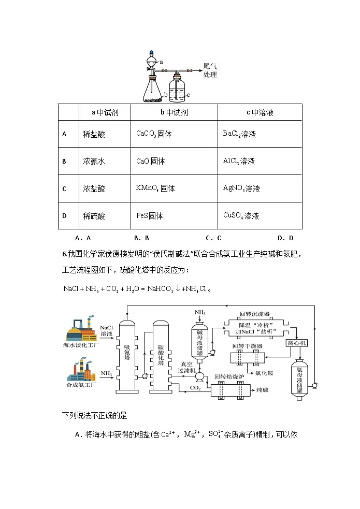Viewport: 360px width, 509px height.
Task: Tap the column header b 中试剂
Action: pyautogui.click(x=174, y=112)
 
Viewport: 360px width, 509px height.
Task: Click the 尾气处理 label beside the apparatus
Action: pyautogui.click(x=210, y=70)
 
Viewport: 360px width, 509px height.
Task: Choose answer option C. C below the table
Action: pyautogui.click(x=213, y=238)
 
